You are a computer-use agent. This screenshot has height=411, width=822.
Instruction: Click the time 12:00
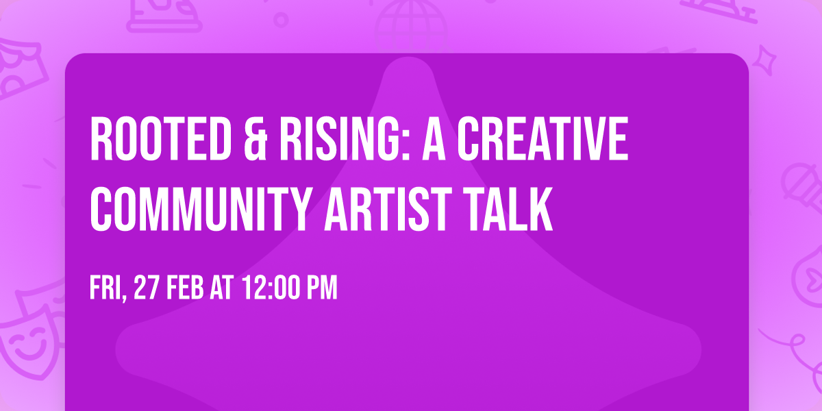[x=269, y=288]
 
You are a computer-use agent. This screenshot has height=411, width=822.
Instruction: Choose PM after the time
[x=321, y=288]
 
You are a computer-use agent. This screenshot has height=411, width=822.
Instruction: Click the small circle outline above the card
[x=280, y=19]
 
